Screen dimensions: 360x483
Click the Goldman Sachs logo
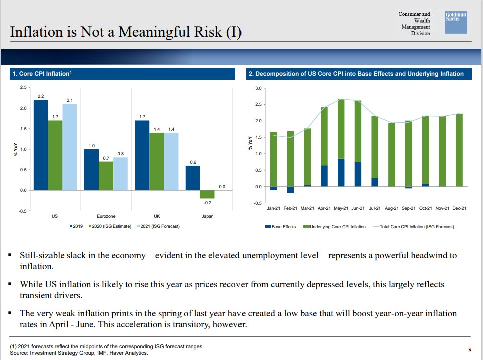click(456, 23)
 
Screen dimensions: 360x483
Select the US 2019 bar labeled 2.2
click(41, 145)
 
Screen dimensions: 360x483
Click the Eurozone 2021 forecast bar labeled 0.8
click(120, 174)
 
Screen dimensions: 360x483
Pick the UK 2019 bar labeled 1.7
click(142, 155)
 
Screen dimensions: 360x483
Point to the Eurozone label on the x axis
click(106, 216)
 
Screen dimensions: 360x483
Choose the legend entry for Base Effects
click(281, 227)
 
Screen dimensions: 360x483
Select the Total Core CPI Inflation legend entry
click(414, 227)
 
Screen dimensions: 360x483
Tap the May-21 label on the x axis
click(341, 208)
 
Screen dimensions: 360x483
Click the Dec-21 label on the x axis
click(459, 208)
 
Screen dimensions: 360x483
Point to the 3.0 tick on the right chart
click(258, 88)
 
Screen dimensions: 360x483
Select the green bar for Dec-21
click(459, 150)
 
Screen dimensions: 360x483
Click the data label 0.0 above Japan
click(222, 186)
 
